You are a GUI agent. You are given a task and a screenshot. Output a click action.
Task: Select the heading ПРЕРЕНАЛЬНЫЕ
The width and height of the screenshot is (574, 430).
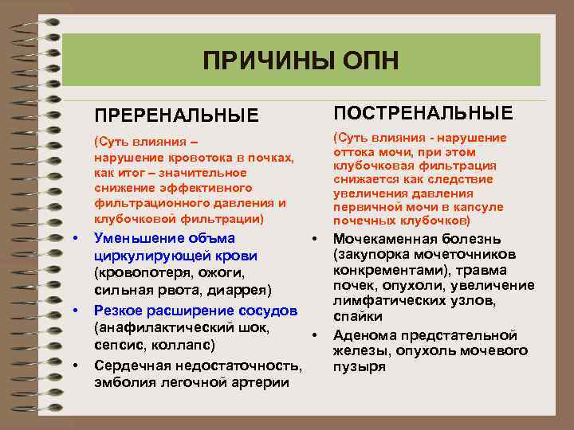tap(177, 116)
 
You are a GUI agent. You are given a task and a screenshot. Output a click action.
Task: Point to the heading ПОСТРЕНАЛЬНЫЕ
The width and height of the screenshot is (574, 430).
tap(423, 111)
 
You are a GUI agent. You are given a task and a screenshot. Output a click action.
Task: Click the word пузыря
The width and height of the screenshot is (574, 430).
tap(359, 367)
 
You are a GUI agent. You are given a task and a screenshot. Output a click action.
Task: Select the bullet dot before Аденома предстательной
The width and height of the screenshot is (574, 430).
tap(316, 335)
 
